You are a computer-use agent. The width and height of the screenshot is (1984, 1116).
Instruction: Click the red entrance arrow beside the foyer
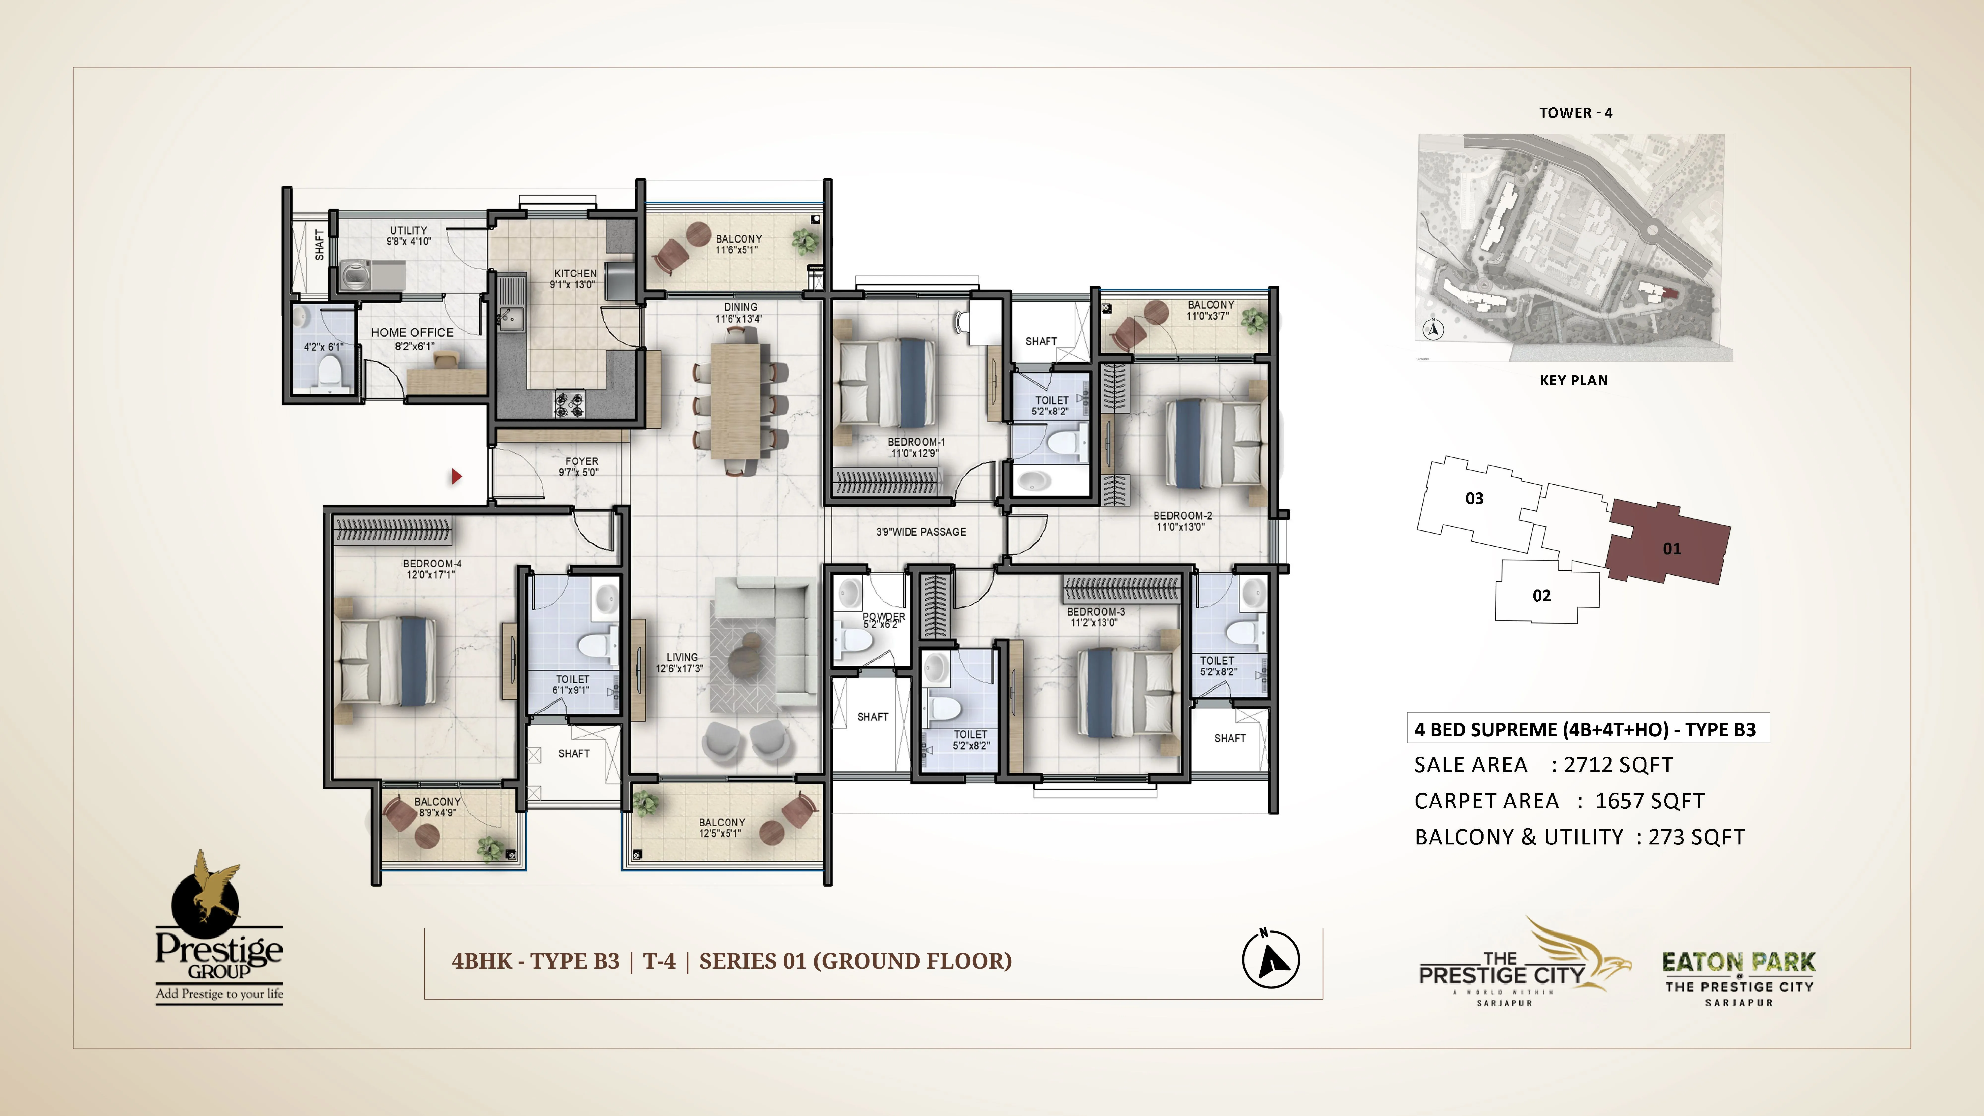point(456,477)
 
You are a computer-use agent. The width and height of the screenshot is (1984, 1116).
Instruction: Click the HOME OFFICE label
point(412,333)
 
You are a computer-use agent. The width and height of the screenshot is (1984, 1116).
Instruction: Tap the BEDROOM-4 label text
point(432,564)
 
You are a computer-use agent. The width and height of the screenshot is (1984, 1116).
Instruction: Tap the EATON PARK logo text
point(1738,962)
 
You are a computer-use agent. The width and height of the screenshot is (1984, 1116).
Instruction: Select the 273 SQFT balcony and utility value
point(1696,837)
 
